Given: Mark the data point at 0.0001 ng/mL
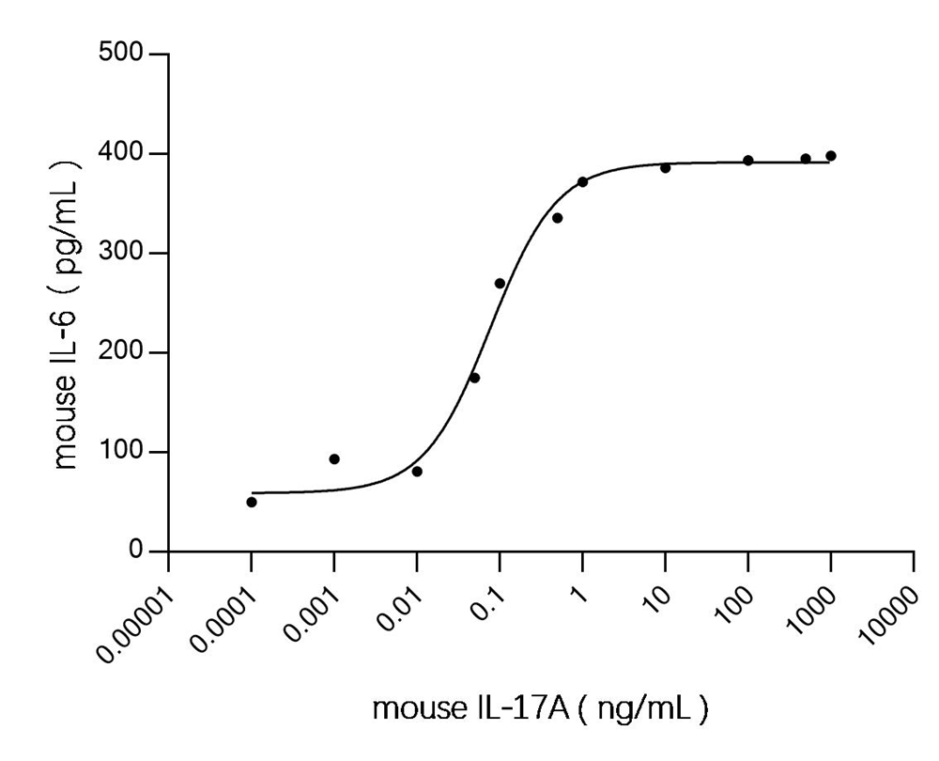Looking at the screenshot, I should click(x=252, y=502).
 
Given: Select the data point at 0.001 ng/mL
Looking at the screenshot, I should click(x=334, y=459).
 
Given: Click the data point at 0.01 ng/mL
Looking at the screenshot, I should click(x=417, y=471).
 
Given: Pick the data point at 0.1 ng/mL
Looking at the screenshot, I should click(x=500, y=284).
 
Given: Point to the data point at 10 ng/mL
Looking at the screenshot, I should click(x=665, y=168).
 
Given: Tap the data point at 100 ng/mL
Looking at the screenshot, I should click(x=748, y=161).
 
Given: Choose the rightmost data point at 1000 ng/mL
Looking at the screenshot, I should click(x=831, y=156).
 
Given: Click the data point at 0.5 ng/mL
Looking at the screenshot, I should click(x=557, y=218).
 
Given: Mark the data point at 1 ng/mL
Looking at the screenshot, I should click(x=582, y=181).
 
